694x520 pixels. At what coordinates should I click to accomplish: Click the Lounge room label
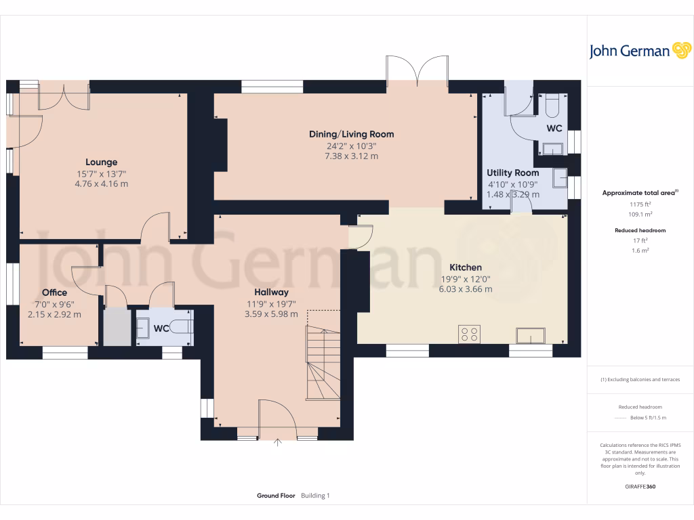(101, 162)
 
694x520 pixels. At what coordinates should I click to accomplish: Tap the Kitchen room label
(466, 268)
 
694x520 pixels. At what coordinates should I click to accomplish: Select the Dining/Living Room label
(351, 134)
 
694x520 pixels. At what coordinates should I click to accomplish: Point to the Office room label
(54, 292)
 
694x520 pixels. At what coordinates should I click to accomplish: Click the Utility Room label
(513, 173)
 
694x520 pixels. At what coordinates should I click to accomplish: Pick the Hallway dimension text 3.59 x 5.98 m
(271, 314)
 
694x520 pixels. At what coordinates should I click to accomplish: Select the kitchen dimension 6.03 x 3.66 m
(466, 289)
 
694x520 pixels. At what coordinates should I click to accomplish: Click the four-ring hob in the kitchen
(470, 334)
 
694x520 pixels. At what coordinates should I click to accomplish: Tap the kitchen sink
(530, 335)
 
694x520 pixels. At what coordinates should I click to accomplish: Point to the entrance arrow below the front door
(278, 444)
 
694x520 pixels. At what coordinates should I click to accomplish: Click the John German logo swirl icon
(680, 51)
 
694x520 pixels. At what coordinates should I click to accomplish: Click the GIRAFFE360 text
(640, 486)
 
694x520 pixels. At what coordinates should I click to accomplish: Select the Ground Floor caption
(276, 496)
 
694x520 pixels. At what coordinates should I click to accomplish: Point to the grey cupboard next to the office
(116, 328)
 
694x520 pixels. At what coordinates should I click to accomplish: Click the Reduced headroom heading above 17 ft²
(640, 230)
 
